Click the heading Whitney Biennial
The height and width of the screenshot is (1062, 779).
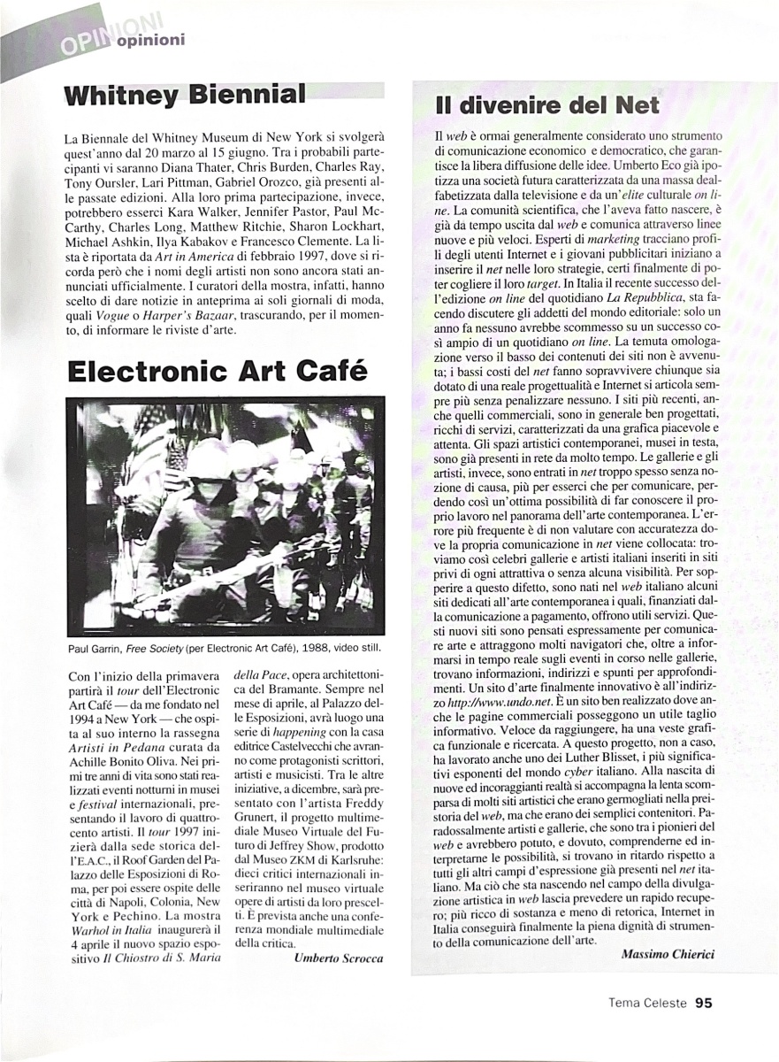pyautogui.click(x=185, y=96)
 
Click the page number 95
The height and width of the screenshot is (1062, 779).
pyautogui.click(x=703, y=1003)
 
